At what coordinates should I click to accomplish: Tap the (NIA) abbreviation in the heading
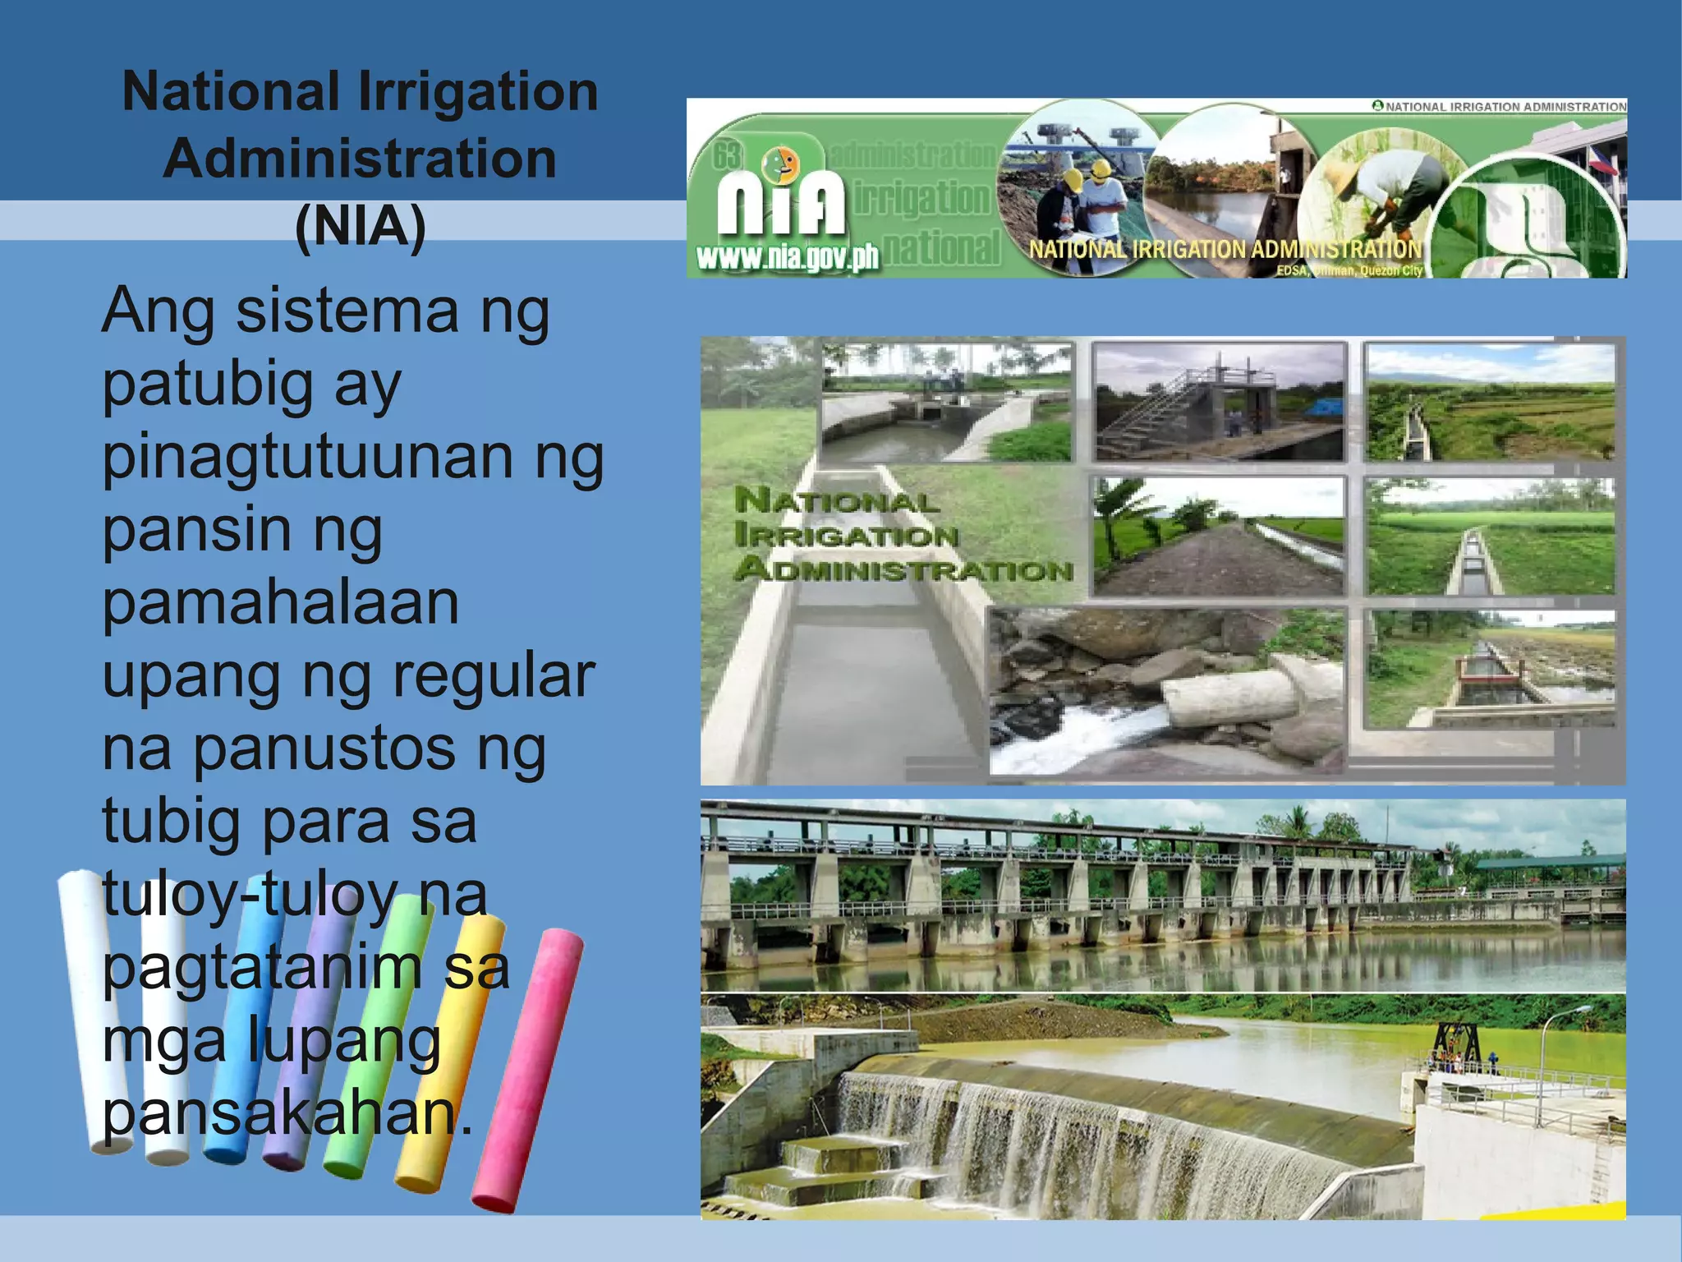(x=360, y=226)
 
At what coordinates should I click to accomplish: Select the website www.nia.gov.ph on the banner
(x=787, y=258)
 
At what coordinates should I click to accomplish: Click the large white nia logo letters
(x=780, y=205)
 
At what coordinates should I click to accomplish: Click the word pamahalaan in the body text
(x=280, y=603)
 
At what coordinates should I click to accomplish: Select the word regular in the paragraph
(x=493, y=675)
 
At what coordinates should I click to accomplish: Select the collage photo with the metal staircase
(x=1219, y=403)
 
